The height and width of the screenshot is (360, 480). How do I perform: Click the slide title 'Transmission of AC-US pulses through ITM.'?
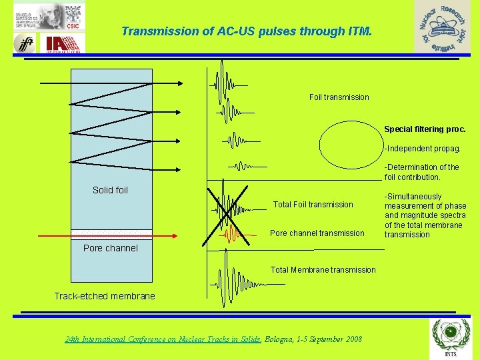pyautogui.click(x=247, y=31)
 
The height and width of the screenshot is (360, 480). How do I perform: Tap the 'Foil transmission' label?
pyautogui.click(x=339, y=97)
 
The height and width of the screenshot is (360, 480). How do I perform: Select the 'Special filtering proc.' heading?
pyautogui.click(x=425, y=129)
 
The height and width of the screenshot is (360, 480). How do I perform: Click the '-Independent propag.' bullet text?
pyautogui.click(x=423, y=149)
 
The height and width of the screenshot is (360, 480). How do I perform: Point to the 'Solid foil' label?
pyautogui.click(x=110, y=191)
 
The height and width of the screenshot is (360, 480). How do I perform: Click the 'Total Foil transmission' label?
pyautogui.click(x=313, y=205)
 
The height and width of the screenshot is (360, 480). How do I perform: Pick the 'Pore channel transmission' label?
pyautogui.click(x=317, y=233)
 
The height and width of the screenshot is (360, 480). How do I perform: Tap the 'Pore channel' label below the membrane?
pyautogui.click(x=110, y=248)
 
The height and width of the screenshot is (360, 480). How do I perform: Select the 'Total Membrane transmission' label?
pyautogui.click(x=323, y=270)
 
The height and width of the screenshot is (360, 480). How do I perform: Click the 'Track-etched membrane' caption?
pyautogui.click(x=104, y=296)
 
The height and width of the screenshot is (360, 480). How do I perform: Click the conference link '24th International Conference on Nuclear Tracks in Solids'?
pyautogui.click(x=163, y=339)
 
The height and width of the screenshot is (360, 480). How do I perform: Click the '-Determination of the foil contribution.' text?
pyautogui.click(x=421, y=172)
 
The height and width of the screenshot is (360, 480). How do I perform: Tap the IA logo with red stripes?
pyautogui.click(x=65, y=43)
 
